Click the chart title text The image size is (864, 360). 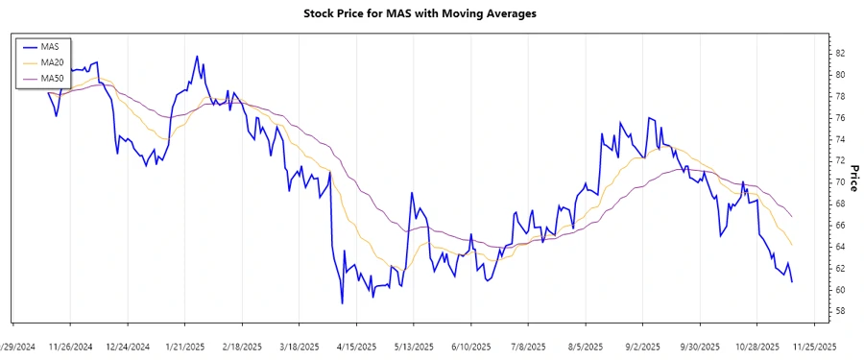click(x=431, y=13)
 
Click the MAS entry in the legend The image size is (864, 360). click(x=50, y=46)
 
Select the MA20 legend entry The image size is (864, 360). click(x=52, y=62)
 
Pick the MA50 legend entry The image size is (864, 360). click(x=52, y=78)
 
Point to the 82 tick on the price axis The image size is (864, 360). click(x=840, y=53)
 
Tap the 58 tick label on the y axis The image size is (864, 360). click(x=840, y=311)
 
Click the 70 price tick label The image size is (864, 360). click(x=840, y=181)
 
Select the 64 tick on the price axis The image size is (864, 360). click(x=840, y=247)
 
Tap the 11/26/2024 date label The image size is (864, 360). click(x=70, y=346)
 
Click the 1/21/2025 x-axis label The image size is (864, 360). click(x=184, y=346)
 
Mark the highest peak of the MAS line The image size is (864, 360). click(x=197, y=56)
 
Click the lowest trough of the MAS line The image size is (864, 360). click(x=343, y=304)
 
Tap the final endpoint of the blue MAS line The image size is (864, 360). click(x=792, y=282)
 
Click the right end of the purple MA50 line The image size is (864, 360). click(x=792, y=217)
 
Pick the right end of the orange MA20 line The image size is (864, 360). click(x=792, y=245)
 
